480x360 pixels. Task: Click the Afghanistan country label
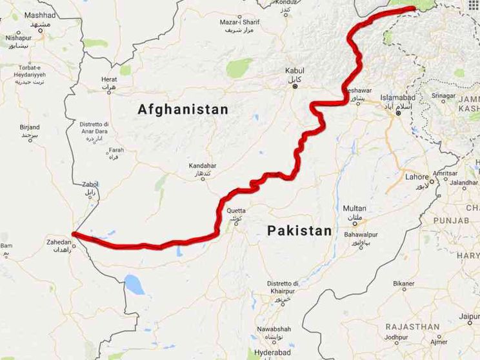click(x=183, y=110)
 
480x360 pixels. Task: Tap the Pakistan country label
click(x=299, y=230)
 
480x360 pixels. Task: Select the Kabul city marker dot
click(x=295, y=86)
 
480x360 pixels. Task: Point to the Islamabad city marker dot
click(x=399, y=114)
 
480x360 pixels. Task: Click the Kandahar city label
click(x=203, y=166)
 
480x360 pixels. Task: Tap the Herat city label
click(x=109, y=79)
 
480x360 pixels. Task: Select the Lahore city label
click(x=417, y=177)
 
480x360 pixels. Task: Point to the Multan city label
click(x=354, y=208)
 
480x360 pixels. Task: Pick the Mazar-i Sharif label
click(x=239, y=22)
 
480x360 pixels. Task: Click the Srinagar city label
click(x=443, y=95)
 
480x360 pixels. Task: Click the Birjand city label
click(x=30, y=128)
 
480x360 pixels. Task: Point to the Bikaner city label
click(x=404, y=283)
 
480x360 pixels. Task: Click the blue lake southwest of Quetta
click(x=134, y=284)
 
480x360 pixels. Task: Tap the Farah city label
click(x=116, y=150)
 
